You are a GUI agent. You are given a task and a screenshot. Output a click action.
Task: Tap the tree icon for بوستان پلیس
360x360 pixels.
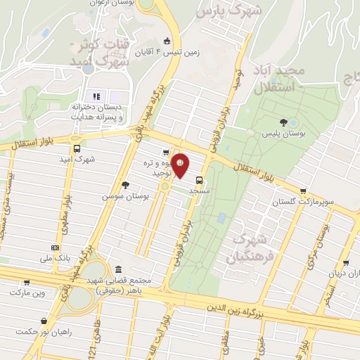click(283, 121)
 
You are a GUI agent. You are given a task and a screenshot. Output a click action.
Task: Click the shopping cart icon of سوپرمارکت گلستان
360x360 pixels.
click(303, 191)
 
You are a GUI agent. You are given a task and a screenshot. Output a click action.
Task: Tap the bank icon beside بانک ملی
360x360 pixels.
click(55, 247)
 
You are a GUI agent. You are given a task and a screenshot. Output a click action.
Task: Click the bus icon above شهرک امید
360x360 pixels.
click(77, 148)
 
